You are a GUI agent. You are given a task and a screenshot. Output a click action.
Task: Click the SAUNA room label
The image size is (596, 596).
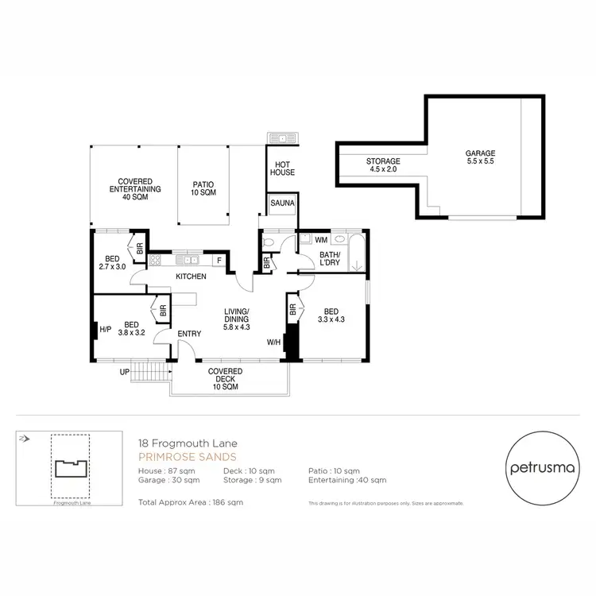[282, 203]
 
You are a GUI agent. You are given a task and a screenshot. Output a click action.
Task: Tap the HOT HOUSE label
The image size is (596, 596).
[281, 168]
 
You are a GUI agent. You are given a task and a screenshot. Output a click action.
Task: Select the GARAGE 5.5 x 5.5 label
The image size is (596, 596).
[480, 157]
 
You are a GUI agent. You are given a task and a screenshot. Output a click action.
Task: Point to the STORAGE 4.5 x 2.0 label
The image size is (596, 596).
[383, 165]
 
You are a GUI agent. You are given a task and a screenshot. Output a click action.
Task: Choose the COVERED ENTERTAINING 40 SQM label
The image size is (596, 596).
[134, 189]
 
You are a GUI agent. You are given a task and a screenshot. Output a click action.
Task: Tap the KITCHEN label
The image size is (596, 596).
[192, 277]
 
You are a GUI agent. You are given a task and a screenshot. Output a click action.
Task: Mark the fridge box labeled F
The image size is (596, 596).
[218, 260]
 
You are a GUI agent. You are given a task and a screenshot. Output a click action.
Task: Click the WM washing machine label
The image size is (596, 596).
[321, 239]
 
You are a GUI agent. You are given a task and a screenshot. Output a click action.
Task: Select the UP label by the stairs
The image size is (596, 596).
[124, 372]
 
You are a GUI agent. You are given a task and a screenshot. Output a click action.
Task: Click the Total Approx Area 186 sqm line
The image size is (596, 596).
[190, 502]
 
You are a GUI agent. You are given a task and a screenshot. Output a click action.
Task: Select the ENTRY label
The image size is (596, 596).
[189, 334]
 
